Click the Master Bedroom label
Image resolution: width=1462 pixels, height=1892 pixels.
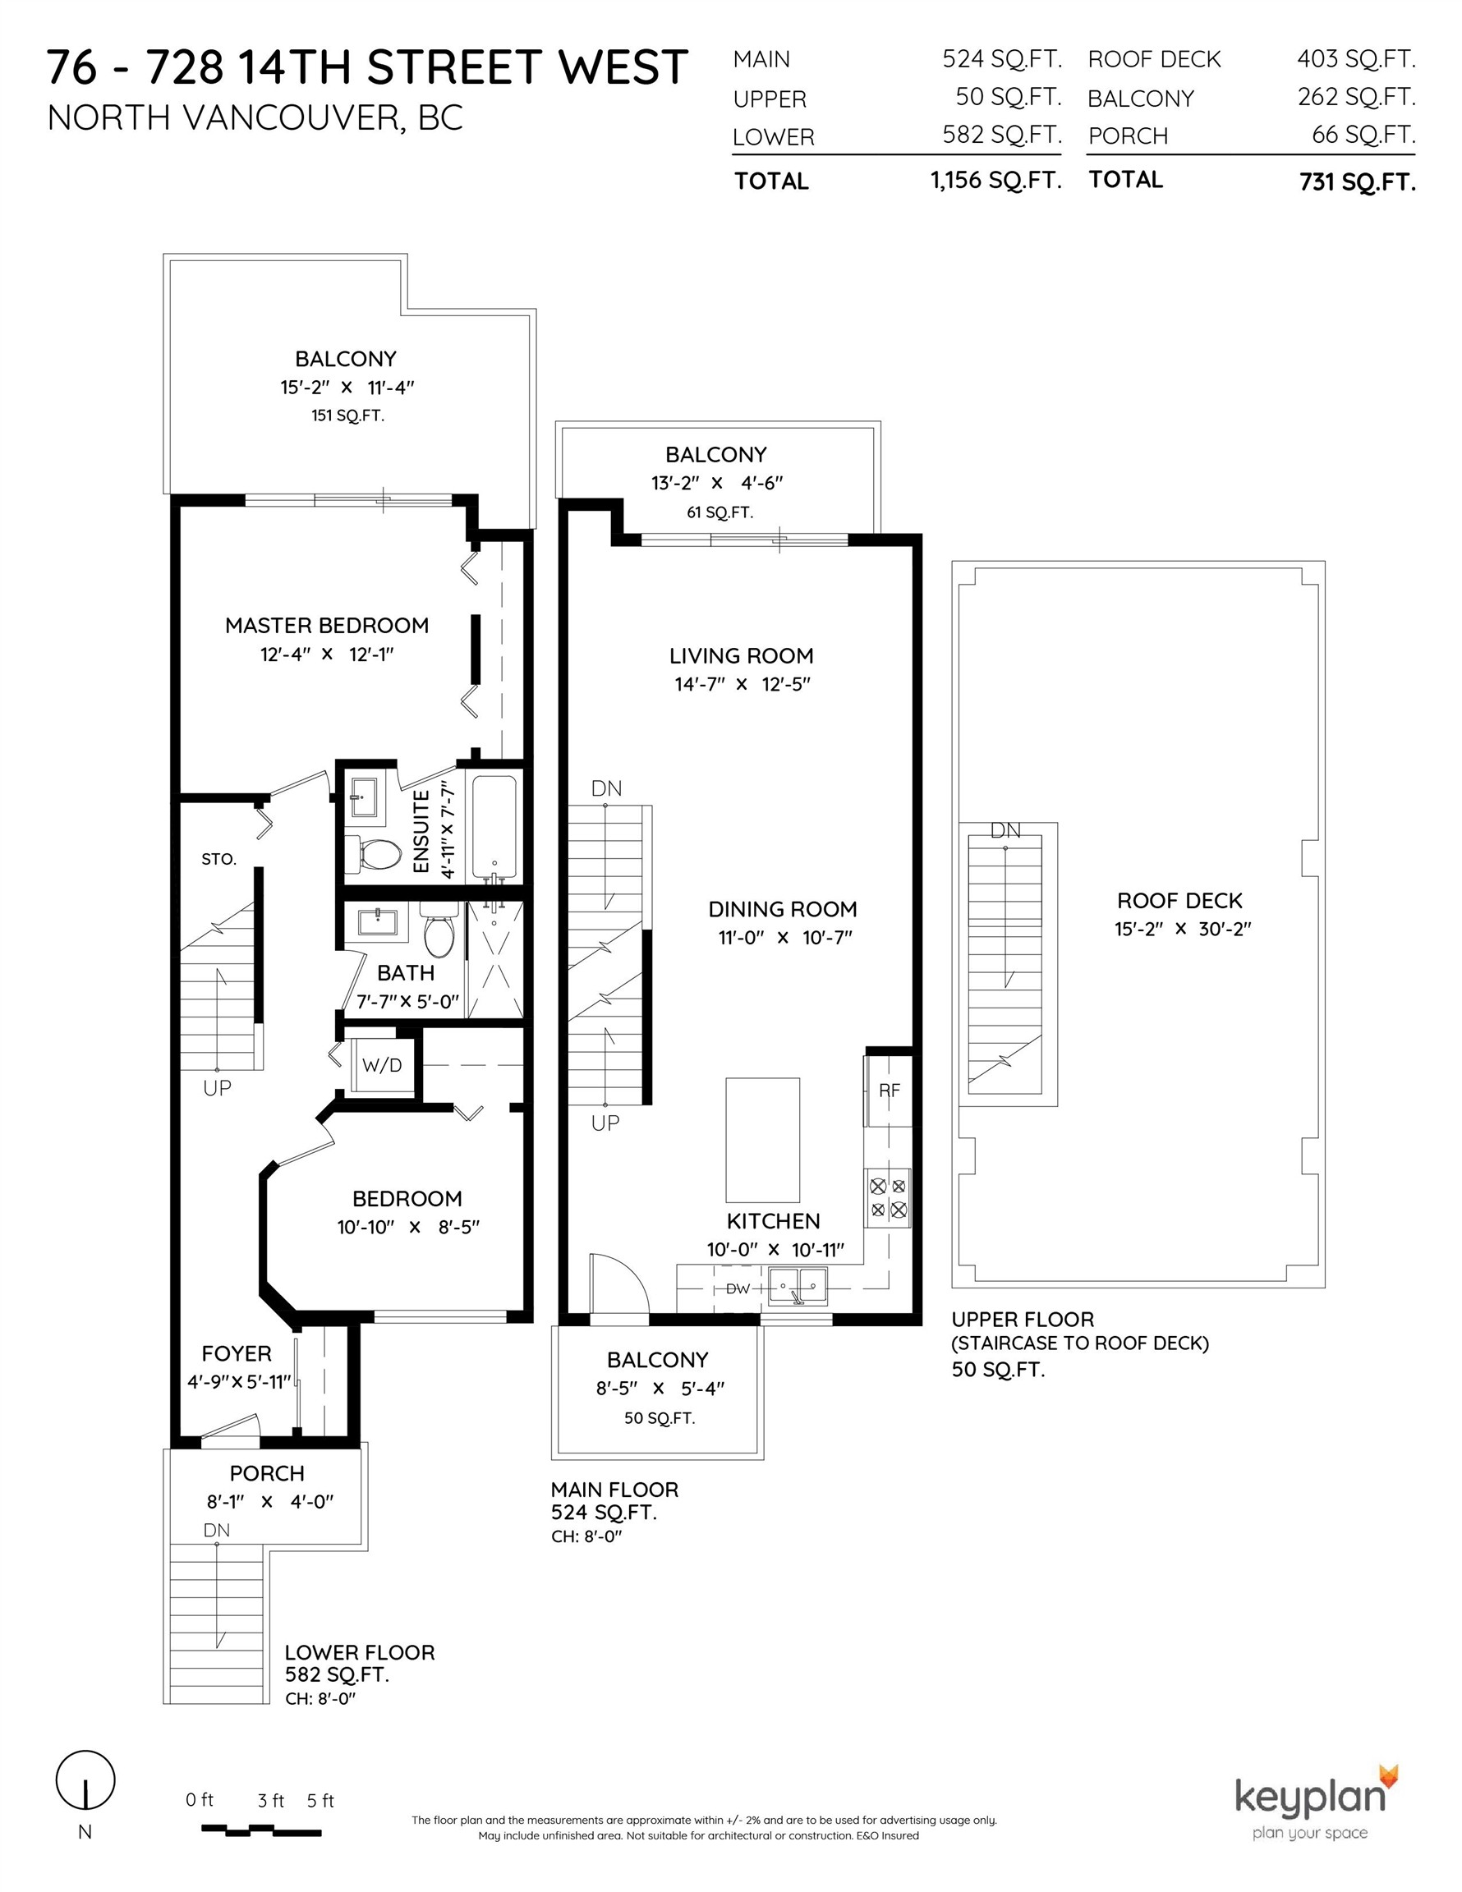[327, 626]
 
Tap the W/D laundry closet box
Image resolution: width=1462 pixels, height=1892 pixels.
[382, 1065]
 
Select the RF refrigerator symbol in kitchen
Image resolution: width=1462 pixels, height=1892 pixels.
[890, 1091]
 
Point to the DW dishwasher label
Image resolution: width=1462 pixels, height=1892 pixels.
[738, 1289]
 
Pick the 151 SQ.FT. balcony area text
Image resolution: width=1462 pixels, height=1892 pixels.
[347, 416]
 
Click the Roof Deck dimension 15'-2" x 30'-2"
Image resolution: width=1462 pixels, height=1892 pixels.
[1182, 929]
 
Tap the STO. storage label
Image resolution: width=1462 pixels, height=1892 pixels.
[218, 860]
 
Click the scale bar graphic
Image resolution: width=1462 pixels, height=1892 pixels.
[262, 1830]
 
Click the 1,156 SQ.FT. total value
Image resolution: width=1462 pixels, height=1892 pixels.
[995, 180]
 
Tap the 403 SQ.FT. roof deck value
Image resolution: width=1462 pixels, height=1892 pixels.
[1355, 59]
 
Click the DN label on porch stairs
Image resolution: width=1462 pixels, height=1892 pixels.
[217, 1530]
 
